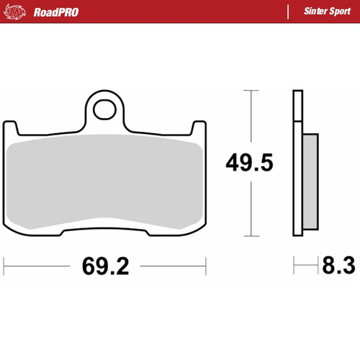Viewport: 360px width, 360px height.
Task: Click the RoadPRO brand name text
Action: [x=56, y=12]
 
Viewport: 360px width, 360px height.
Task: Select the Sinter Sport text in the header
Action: [x=325, y=12]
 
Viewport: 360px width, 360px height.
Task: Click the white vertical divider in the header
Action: [x=287, y=12]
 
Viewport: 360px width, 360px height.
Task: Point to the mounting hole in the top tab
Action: [x=105, y=109]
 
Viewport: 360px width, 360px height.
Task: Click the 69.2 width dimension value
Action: [x=105, y=267]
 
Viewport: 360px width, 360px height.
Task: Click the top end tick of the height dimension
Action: [x=249, y=91]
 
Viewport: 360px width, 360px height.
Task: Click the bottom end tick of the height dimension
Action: [x=249, y=236]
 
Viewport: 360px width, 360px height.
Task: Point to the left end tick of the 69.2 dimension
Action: [x=4, y=266]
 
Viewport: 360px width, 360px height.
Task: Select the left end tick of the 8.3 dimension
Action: [x=293, y=266]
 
